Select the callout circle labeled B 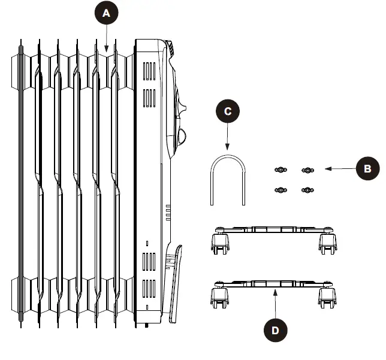click(367, 170)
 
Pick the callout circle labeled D click(275, 329)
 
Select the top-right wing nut click(306, 171)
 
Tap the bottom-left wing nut click(279, 190)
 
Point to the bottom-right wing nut click(306, 190)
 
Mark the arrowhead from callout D click(275, 291)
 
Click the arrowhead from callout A click(106, 51)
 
